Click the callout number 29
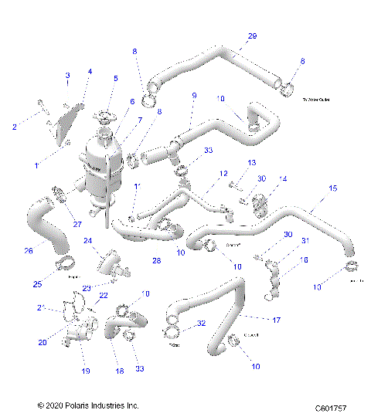pyautogui.click(x=252, y=36)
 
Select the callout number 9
pyautogui.click(x=194, y=97)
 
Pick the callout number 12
pyautogui.click(x=223, y=175)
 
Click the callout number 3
pyautogui.click(x=67, y=75)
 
